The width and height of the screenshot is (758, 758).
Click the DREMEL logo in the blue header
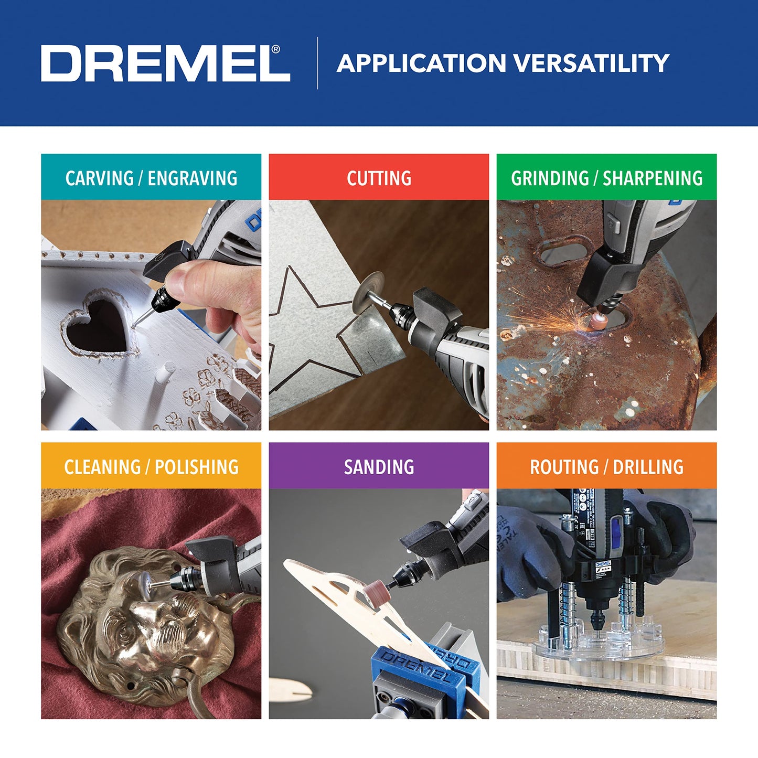pyautogui.click(x=165, y=63)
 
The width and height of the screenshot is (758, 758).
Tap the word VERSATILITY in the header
pyautogui.click(x=591, y=63)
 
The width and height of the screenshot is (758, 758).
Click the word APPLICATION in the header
pyautogui.click(x=421, y=63)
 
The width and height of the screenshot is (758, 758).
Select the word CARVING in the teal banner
pyautogui.click(x=99, y=178)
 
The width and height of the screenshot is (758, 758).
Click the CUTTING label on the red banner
pyautogui.click(x=379, y=178)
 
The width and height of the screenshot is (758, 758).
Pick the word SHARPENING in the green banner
pyautogui.click(x=653, y=178)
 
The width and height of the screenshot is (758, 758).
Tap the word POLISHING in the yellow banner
pyautogui.click(x=197, y=467)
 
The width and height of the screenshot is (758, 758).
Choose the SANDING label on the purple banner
pyautogui.click(x=379, y=467)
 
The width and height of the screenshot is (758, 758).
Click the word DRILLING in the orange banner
pyautogui.click(x=648, y=467)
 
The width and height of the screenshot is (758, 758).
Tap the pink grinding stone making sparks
pyautogui.click(x=596, y=321)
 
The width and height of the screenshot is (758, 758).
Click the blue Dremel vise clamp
pyautogui.click(x=420, y=671)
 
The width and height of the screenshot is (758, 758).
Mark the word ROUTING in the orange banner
pyautogui.click(x=564, y=467)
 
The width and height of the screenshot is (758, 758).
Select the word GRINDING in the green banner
pyautogui.click(x=550, y=178)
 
